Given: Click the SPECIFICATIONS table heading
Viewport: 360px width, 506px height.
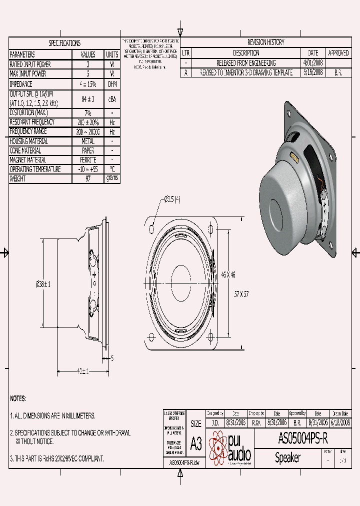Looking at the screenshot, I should pyautogui.click(x=64, y=43).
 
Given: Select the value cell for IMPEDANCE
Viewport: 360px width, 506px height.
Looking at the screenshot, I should pyautogui.click(x=88, y=84).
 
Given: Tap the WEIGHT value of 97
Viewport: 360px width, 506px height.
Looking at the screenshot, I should pyautogui.click(x=88, y=178).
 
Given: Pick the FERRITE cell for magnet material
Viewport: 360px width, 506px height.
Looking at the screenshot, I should pyautogui.click(x=88, y=160).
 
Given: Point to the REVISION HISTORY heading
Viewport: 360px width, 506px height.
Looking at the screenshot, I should pyautogui.click(x=265, y=42).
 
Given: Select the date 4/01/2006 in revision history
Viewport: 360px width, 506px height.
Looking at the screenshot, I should pyautogui.click(x=313, y=63).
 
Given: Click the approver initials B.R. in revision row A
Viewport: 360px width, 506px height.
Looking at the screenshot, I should pyautogui.click(x=338, y=72).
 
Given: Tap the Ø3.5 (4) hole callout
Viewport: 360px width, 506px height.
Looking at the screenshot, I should pyautogui.click(x=172, y=200).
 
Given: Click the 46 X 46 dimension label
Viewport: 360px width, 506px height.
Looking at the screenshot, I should pyautogui.click(x=228, y=274).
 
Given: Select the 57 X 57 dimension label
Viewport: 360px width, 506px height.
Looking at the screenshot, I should pyautogui.click(x=241, y=294).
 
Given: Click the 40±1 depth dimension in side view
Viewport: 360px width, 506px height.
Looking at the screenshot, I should pyautogui.click(x=82, y=371).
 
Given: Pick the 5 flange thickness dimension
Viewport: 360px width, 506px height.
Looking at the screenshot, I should pyautogui.click(x=112, y=358).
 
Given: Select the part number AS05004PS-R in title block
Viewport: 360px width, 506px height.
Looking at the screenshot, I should pyautogui.click(x=302, y=439).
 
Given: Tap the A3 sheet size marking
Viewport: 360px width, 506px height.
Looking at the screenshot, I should pyautogui.click(x=196, y=443).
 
